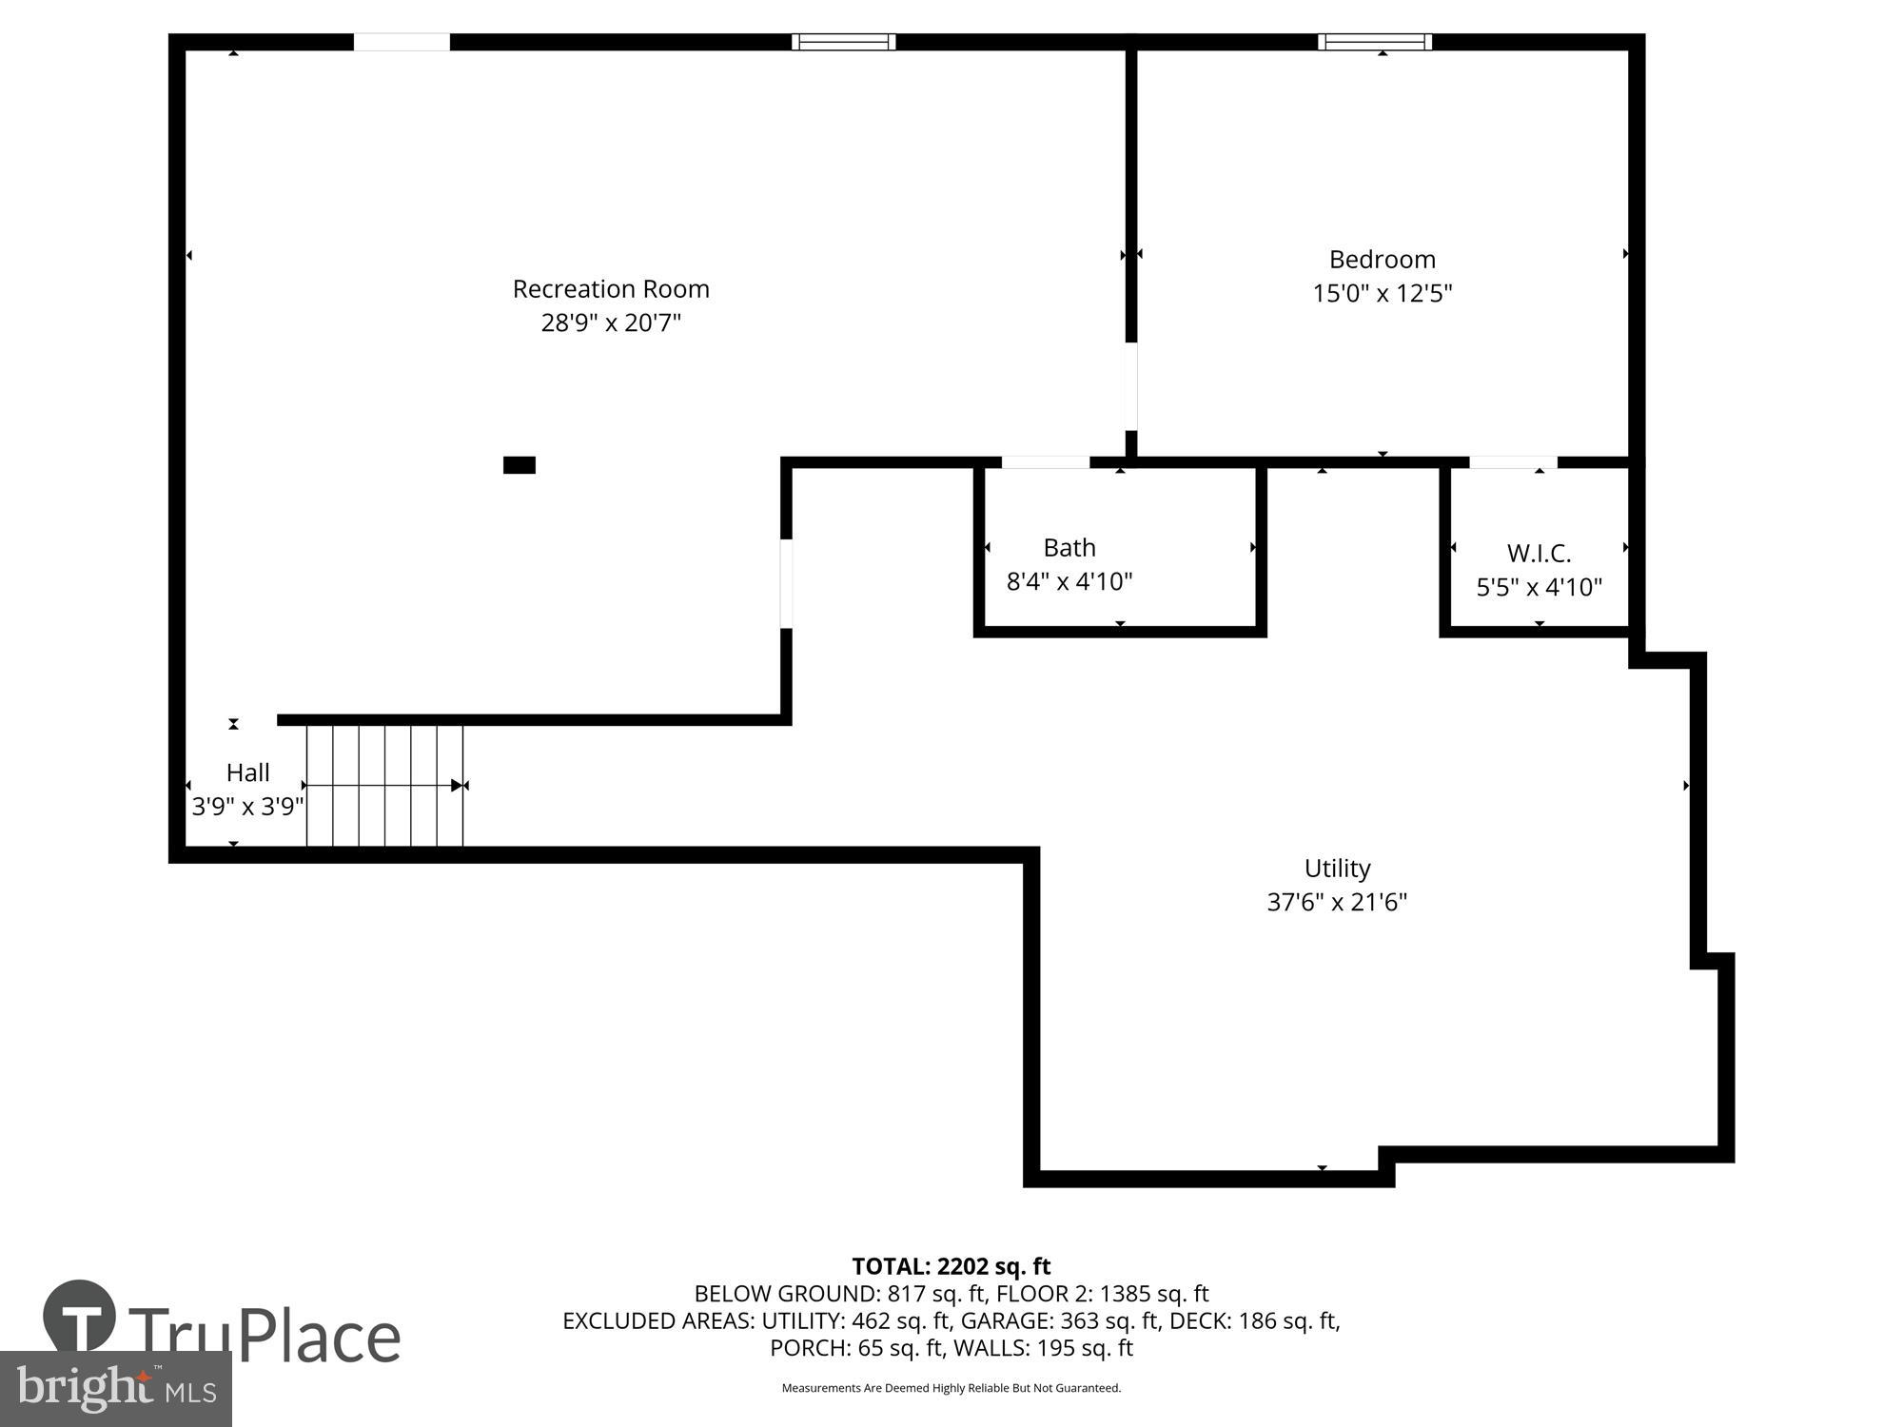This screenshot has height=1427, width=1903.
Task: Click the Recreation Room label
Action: click(x=611, y=289)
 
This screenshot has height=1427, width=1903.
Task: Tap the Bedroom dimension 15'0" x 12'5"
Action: click(x=1382, y=293)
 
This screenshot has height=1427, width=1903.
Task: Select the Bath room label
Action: click(x=1069, y=548)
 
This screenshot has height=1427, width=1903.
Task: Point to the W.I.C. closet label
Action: click(x=1539, y=553)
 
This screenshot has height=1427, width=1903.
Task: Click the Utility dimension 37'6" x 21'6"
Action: click(x=1336, y=902)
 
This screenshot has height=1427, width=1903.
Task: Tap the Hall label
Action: click(x=247, y=772)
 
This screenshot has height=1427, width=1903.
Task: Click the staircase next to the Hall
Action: click(x=384, y=785)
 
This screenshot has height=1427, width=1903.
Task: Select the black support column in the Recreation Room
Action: click(x=519, y=465)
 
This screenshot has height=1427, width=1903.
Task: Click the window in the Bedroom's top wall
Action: click(x=1374, y=42)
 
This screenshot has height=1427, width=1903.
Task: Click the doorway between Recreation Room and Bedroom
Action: click(x=1130, y=386)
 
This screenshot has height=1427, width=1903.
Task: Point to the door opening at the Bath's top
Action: click(x=1045, y=462)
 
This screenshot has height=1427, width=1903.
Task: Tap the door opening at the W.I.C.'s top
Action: click(x=1513, y=462)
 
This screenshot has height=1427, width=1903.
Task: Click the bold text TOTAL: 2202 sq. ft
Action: click(x=951, y=1266)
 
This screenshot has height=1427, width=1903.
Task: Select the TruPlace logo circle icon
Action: click(x=80, y=1317)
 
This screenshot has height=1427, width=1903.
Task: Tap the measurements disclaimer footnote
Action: click(x=951, y=1388)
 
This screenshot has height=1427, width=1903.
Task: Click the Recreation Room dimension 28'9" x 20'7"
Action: click(x=611, y=323)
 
